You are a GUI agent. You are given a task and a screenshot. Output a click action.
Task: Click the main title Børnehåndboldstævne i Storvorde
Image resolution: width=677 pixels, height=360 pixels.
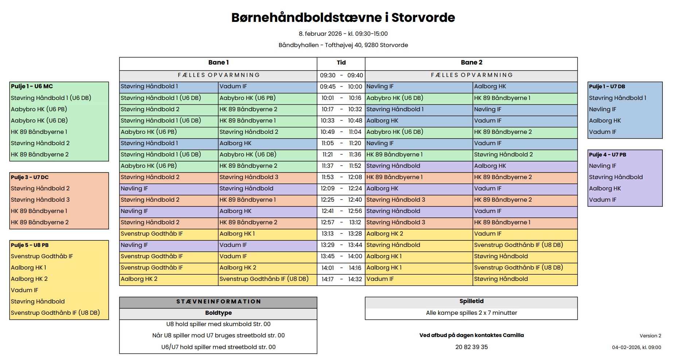click(x=343, y=18)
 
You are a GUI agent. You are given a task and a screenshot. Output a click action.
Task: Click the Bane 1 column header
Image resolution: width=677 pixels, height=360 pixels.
click(x=218, y=63)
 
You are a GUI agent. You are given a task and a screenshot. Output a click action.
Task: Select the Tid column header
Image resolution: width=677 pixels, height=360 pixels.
click(x=341, y=63)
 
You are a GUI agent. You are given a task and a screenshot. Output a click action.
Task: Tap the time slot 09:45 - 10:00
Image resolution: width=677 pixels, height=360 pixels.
click(x=341, y=87)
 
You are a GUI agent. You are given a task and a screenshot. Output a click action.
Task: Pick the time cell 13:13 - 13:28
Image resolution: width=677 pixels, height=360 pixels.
click(x=341, y=234)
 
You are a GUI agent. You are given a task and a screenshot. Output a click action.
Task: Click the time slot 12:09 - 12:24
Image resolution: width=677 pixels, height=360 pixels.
click(x=341, y=189)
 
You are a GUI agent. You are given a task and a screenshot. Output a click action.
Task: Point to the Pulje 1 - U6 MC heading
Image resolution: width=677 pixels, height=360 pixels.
click(x=32, y=86)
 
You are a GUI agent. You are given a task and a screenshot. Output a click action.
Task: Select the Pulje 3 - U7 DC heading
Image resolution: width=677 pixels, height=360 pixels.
click(x=30, y=177)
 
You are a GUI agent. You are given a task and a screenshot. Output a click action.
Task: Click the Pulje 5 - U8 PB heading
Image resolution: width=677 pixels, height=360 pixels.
click(x=30, y=245)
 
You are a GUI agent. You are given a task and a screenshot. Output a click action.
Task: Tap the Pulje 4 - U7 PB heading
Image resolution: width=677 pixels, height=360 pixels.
click(x=607, y=155)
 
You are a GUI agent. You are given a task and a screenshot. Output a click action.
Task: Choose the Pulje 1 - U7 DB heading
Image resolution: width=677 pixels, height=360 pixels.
click(x=607, y=86)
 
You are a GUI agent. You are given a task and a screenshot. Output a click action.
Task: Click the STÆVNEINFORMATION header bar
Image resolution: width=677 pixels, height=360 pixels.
click(x=218, y=302)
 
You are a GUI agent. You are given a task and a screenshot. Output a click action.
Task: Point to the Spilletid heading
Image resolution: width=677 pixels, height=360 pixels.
click(x=471, y=301)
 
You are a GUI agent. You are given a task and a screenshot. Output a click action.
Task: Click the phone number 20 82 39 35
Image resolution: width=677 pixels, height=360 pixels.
click(x=471, y=347)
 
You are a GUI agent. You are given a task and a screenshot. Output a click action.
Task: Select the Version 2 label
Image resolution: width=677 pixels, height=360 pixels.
click(x=650, y=336)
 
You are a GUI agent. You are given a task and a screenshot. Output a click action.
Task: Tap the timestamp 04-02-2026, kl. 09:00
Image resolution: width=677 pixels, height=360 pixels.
click(x=636, y=347)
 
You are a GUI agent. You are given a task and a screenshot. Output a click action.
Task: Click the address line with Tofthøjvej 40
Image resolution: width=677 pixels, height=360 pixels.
click(x=343, y=45)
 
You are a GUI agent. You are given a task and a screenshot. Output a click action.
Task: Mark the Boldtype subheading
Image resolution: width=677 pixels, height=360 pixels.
click(x=218, y=313)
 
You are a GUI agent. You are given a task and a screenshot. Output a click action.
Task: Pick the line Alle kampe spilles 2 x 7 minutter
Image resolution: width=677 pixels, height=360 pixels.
click(x=471, y=313)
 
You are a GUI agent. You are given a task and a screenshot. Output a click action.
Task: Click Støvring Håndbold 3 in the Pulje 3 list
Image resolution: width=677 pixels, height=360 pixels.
click(x=40, y=200)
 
